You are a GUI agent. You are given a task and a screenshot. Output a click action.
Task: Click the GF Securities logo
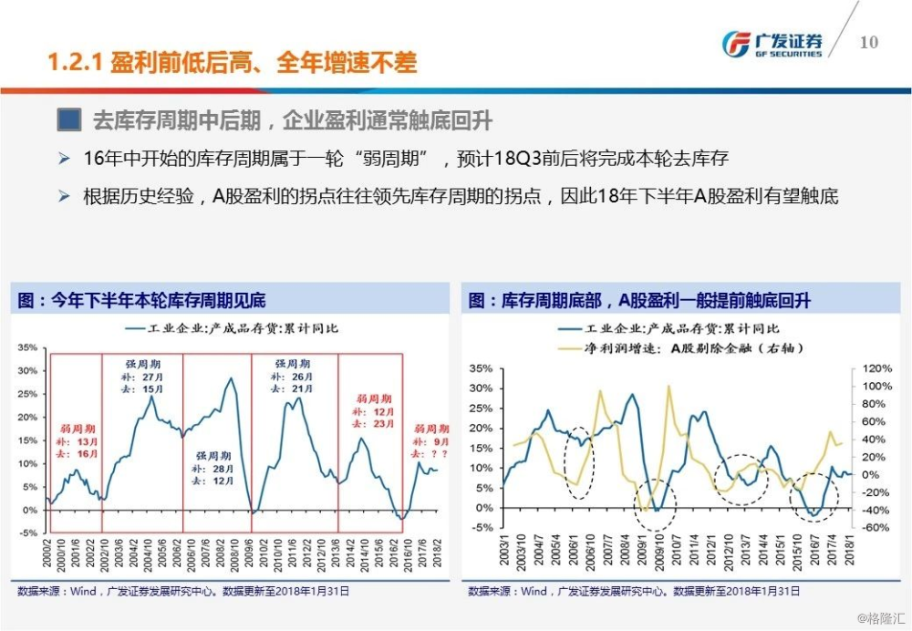(x=772, y=43)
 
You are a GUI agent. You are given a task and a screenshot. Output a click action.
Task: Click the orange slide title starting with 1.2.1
(x=232, y=63)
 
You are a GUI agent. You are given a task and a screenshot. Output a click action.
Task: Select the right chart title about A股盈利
(x=639, y=300)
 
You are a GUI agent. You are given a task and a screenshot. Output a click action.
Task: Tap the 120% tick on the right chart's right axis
(x=876, y=369)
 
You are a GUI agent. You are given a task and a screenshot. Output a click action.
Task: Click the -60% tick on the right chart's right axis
(x=876, y=527)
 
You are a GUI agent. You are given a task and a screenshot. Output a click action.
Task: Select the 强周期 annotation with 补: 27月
(x=141, y=376)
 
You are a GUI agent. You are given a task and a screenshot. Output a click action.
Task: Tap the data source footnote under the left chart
(x=181, y=591)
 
